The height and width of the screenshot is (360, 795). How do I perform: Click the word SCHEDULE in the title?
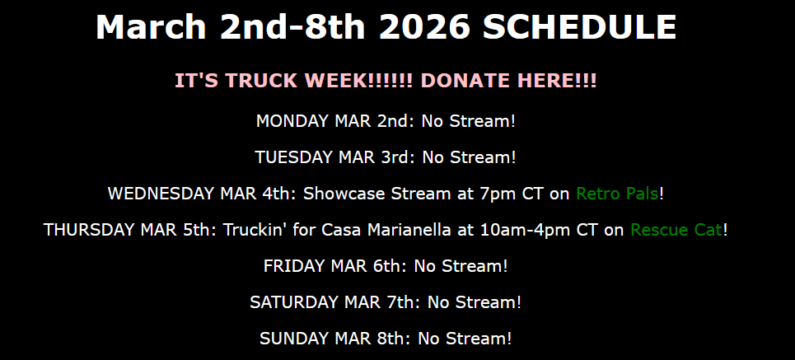pyautogui.click(x=579, y=27)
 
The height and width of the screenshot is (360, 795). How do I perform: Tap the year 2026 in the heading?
pyautogui.click(x=424, y=27)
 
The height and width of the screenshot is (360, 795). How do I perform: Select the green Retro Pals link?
pyautogui.click(x=617, y=194)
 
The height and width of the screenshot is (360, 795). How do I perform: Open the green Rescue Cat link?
pyautogui.click(x=676, y=230)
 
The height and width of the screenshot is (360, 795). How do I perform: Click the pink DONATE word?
pyautogui.click(x=465, y=81)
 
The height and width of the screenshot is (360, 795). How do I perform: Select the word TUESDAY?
pyautogui.click(x=294, y=157)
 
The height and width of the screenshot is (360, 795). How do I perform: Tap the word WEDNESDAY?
pyautogui.click(x=161, y=194)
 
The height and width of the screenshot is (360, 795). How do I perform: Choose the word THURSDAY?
pyautogui.click(x=89, y=230)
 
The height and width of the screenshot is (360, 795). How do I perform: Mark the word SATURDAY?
pyautogui.click(x=294, y=302)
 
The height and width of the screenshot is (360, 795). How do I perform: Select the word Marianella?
pyautogui.click(x=409, y=230)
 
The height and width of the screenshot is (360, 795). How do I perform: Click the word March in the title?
pyautogui.click(x=151, y=27)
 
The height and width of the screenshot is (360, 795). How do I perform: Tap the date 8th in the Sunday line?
pyautogui.click(x=392, y=339)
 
